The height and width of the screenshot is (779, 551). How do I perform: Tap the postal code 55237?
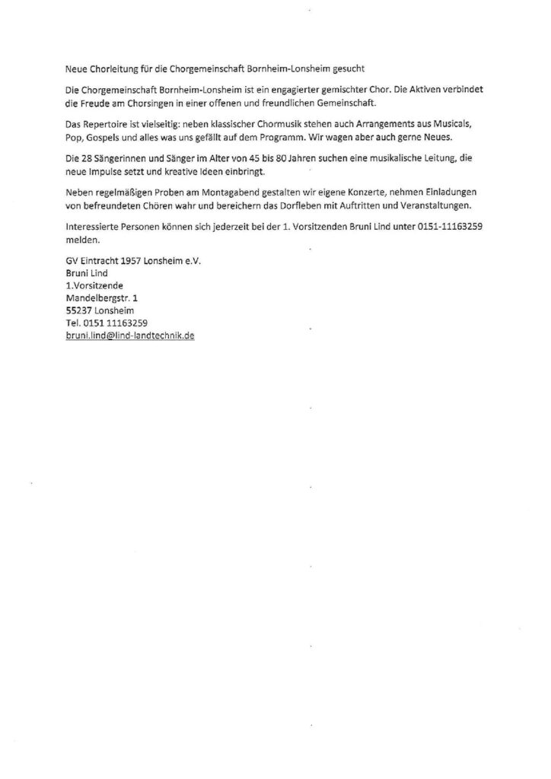click(79, 310)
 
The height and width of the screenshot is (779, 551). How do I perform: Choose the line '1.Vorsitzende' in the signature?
click(94, 285)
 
